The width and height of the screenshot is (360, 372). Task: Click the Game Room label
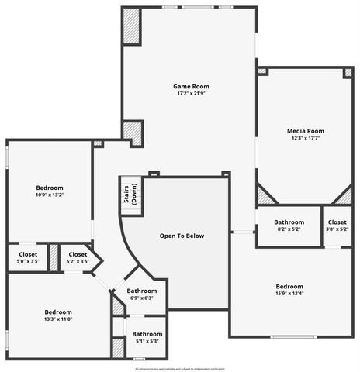191,86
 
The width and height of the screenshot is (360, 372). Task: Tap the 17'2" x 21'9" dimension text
191,94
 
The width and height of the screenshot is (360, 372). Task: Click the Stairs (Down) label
131,195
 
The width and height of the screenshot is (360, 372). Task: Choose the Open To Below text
182,236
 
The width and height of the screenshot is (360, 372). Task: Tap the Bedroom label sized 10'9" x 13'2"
50,188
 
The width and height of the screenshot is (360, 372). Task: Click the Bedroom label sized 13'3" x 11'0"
58,312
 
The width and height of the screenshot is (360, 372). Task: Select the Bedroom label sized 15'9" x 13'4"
289,285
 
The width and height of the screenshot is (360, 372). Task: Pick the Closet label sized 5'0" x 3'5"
28,254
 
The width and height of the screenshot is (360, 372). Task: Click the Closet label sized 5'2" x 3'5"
78,254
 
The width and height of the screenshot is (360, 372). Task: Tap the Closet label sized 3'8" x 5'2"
337,222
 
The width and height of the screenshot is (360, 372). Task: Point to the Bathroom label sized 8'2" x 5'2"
289,222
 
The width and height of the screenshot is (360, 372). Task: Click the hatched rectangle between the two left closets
54,258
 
